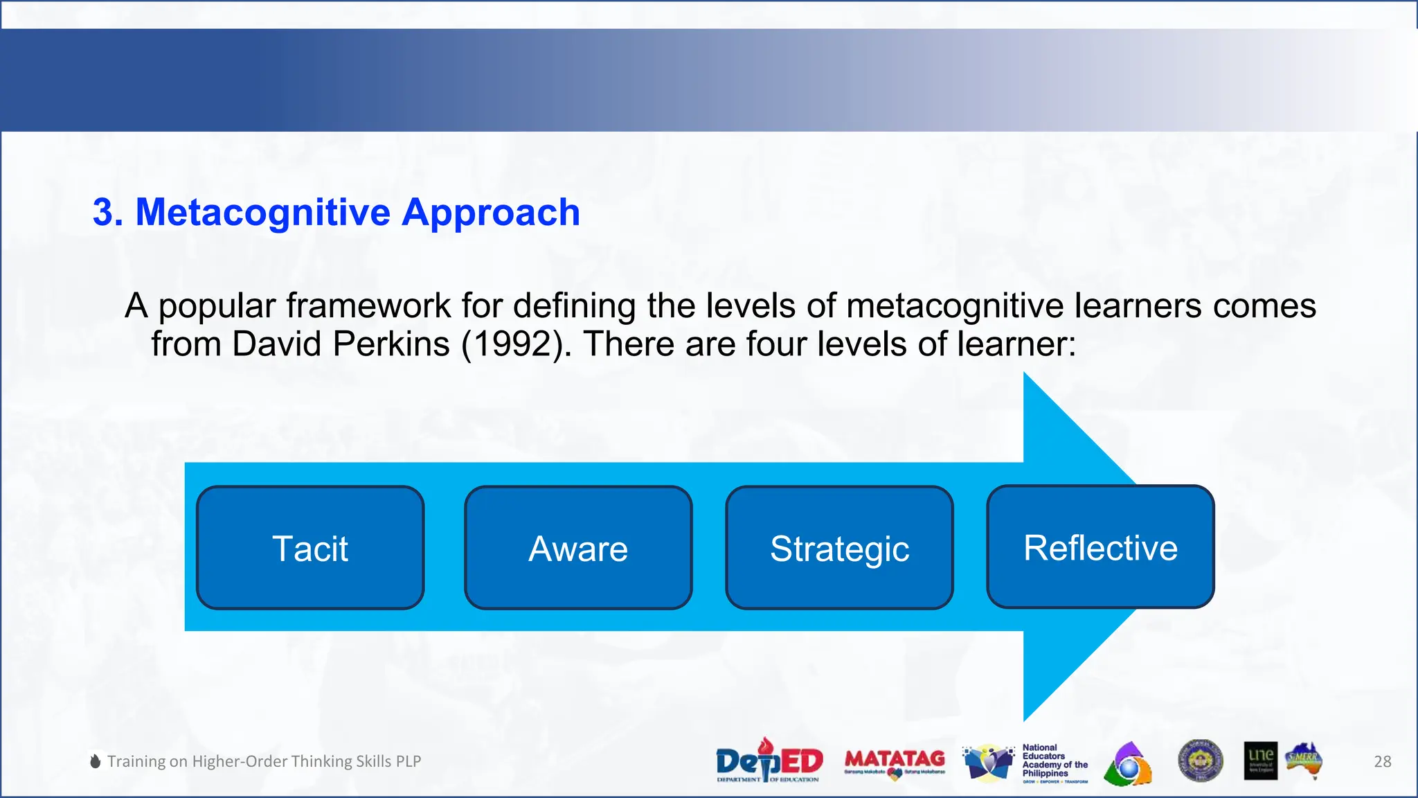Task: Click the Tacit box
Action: (x=310, y=548)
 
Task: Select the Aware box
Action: (x=578, y=548)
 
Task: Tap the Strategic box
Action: (x=839, y=548)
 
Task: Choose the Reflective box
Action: (x=1100, y=547)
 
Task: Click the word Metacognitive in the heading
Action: (x=262, y=212)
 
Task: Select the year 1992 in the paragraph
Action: (x=513, y=344)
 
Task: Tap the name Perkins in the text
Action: (x=391, y=344)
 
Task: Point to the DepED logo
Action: (x=769, y=761)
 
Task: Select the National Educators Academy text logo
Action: (x=1054, y=762)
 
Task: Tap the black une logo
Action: (x=1260, y=761)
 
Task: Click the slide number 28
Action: (x=1382, y=761)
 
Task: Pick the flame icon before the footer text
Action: (x=96, y=761)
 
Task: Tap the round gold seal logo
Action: (x=1200, y=760)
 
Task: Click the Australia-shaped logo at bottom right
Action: (x=1304, y=760)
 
